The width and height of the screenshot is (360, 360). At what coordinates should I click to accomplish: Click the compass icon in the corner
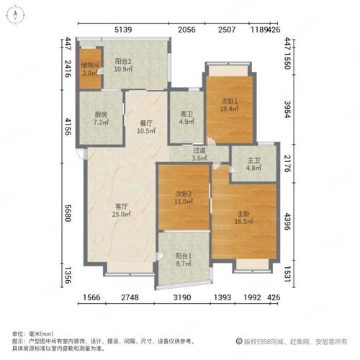(15, 15)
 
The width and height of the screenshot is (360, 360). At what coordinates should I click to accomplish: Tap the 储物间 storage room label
(90, 65)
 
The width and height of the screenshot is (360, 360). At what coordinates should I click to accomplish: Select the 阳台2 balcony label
(123, 61)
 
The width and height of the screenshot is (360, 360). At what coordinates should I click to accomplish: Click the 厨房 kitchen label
(101, 114)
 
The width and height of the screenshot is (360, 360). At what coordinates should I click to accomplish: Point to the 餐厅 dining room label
(146, 123)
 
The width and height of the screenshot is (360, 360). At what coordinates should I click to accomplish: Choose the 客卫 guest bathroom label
(186, 114)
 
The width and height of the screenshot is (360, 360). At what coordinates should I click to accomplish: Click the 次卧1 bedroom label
(229, 101)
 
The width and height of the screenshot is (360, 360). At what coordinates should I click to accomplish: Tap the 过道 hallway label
(199, 150)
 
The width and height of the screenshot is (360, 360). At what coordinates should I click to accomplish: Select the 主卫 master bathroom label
(253, 160)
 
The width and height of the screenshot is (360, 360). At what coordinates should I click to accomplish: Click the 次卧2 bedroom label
(184, 194)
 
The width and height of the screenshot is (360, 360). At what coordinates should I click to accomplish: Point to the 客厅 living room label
(122, 206)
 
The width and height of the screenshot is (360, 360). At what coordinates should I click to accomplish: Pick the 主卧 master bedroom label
(243, 213)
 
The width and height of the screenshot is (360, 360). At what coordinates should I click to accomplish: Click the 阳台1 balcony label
(184, 256)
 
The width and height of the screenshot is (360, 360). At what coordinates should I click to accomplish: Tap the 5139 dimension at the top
(123, 30)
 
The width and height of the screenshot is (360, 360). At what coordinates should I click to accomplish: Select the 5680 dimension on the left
(68, 213)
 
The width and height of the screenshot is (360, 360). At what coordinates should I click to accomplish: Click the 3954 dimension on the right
(287, 109)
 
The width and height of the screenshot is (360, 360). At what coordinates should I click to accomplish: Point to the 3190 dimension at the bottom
(182, 297)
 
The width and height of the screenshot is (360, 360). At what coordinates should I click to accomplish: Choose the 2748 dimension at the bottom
(130, 297)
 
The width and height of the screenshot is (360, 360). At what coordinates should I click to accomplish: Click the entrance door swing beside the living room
(83, 153)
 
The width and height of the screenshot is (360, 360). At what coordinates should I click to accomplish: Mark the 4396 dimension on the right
(287, 222)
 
